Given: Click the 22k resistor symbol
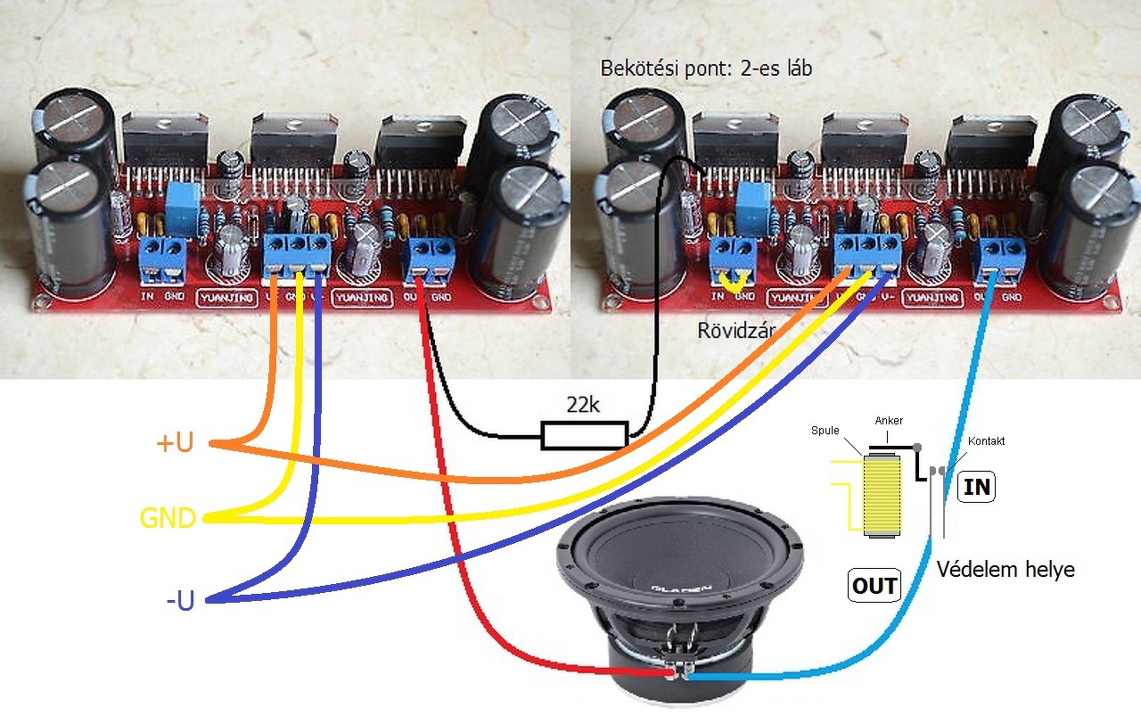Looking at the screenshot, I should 584,435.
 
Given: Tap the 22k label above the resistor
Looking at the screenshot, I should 583,405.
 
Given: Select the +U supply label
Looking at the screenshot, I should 174,443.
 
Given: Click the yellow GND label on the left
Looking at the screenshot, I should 168,518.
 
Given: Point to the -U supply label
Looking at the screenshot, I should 180,601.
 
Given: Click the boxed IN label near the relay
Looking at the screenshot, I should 977,488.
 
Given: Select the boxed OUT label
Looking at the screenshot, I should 874,586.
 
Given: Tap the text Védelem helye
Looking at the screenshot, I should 1006,570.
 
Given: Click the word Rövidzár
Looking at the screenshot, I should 735,331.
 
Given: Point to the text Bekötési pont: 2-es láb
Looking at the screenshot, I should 706,68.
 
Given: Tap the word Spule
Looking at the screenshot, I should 825,430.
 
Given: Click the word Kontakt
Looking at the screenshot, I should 987,440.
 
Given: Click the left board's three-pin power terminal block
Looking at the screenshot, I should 297,256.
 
